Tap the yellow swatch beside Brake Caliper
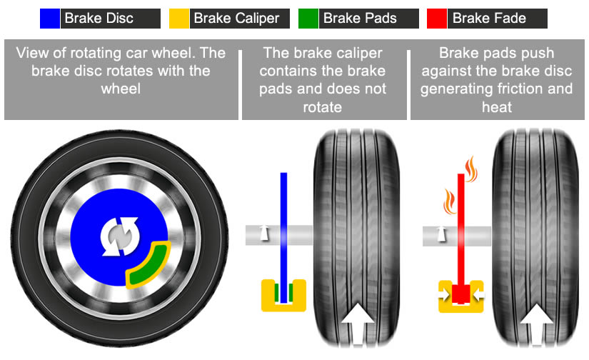[x=179, y=18]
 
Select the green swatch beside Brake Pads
[x=308, y=18]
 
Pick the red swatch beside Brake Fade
[x=437, y=18]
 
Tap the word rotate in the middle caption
[x=323, y=106]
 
